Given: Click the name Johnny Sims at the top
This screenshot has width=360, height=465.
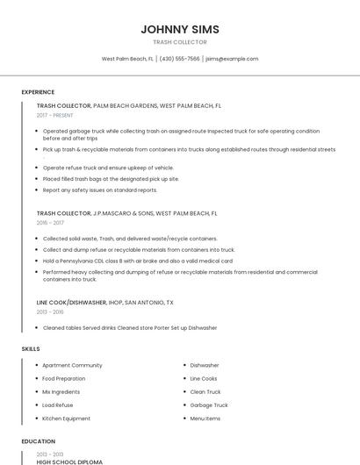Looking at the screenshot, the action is tap(180, 29).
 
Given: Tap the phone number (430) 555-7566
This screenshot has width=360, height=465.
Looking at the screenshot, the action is tap(180, 59).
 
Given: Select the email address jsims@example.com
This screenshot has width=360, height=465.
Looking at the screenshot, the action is tap(232, 59).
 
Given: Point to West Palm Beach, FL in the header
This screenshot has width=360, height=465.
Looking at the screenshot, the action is tap(127, 59).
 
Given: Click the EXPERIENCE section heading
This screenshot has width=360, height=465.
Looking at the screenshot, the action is tap(38, 92).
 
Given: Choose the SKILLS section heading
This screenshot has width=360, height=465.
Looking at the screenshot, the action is tap(31, 349).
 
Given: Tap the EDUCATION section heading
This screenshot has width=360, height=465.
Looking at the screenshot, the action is tap(38, 441).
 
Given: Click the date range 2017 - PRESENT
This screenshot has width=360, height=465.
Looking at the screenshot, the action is tap(55, 115).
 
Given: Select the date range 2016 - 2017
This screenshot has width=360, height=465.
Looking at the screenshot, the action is tap(50, 223).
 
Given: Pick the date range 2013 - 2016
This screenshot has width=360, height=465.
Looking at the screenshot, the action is tap(50, 311).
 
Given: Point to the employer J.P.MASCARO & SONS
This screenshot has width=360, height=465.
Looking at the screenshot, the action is tap(123, 213).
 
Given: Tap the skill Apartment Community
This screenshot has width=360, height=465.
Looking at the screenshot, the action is tap(72, 365).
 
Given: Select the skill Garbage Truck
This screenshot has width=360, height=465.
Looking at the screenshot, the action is tap(209, 405).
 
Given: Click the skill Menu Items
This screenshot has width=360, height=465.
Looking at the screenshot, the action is tap(205, 418).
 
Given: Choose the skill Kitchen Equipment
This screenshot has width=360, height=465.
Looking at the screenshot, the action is tap(66, 418).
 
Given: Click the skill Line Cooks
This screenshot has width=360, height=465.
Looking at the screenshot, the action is tap(204, 378).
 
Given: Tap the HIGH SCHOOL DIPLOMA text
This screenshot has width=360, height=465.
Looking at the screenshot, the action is tap(69, 461).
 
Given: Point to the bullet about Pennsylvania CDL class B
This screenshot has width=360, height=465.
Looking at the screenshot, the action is tap(138, 261).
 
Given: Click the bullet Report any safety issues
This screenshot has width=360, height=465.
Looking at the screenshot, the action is tap(100, 190).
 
